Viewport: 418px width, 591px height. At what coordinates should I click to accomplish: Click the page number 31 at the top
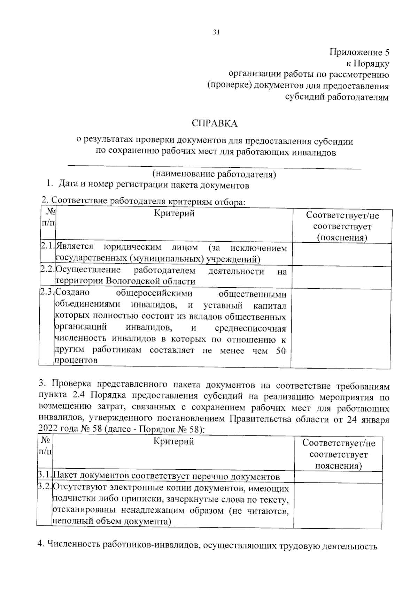(216, 32)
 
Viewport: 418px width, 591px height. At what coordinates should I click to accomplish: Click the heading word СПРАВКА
(215, 123)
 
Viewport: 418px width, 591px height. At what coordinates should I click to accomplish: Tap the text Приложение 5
(359, 52)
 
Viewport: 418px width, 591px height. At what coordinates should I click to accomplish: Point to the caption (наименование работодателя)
(214, 174)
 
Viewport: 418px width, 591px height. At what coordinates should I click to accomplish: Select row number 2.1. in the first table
(47, 247)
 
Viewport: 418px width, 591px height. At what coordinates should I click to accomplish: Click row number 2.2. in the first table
(47, 270)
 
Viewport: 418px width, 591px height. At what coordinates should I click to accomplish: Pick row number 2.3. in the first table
(47, 292)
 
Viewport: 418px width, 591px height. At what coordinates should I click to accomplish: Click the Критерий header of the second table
(173, 442)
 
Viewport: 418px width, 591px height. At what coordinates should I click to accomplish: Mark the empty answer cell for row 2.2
(341, 277)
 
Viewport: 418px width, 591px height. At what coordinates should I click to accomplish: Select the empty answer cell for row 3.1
(338, 477)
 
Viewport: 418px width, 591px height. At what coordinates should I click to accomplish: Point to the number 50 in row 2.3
(281, 351)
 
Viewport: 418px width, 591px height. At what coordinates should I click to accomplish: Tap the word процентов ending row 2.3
(76, 361)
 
